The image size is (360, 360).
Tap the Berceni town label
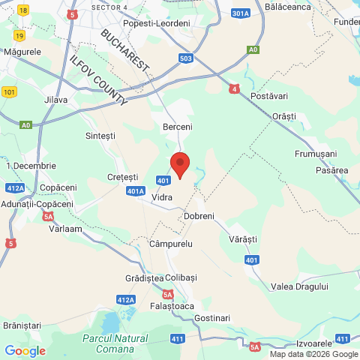point(178,127)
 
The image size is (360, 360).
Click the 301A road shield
point(241,13)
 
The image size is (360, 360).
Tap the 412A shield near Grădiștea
point(126,300)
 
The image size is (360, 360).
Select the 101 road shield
point(9,92)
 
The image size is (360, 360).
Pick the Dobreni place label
point(199,216)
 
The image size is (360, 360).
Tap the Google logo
point(25,350)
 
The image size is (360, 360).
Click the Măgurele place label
point(22,52)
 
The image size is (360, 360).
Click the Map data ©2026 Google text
point(313,355)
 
